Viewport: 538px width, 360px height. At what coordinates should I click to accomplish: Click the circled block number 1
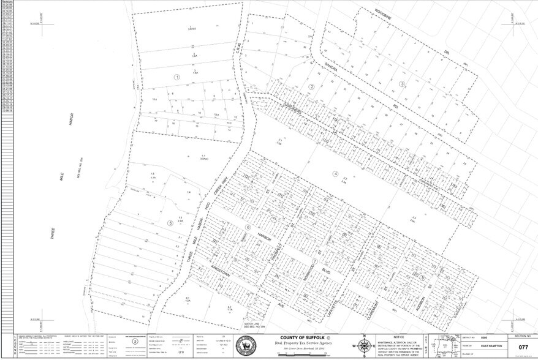coord(176,77)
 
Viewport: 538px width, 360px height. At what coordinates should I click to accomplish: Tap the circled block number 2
coord(311,86)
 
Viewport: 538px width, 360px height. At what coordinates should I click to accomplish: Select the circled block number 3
coord(402,84)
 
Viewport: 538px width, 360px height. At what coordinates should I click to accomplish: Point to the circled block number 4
coord(336,174)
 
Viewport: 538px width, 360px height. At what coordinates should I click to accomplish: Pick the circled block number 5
coord(170,222)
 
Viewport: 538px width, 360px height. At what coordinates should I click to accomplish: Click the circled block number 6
coord(248,227)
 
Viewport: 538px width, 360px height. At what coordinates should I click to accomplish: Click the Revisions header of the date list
coord(8,2)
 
